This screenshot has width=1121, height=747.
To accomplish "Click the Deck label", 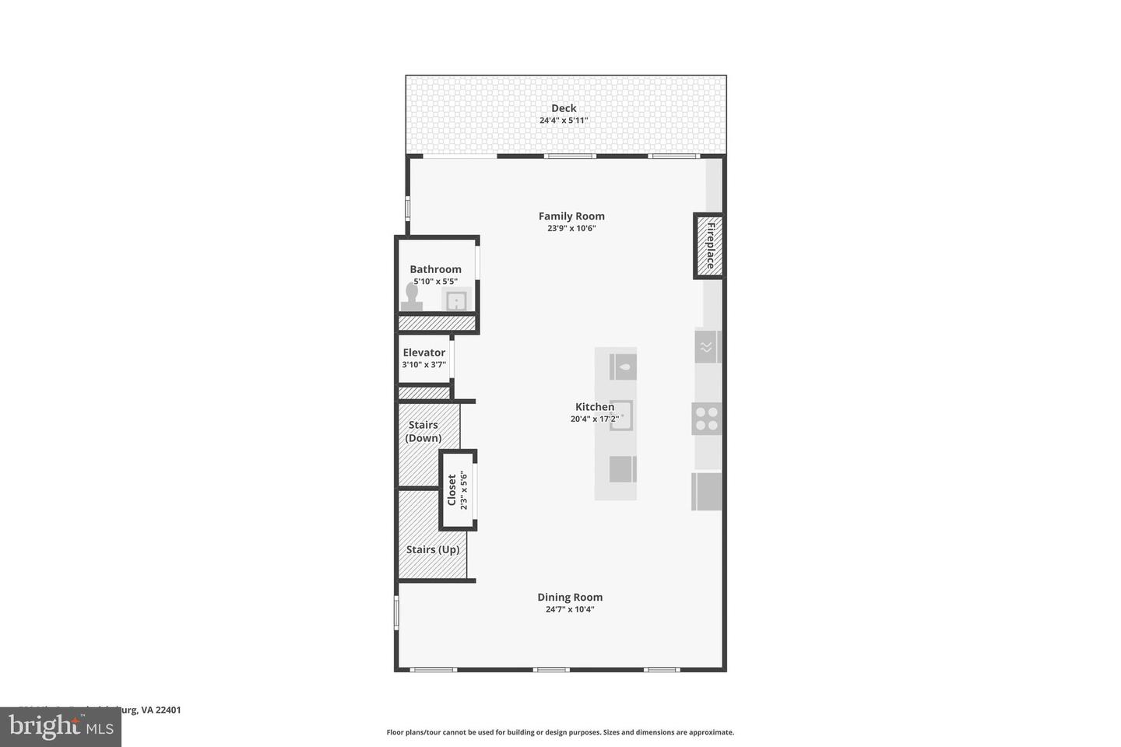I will click(564, 108).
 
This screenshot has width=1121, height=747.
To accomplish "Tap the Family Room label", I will click(571, 216).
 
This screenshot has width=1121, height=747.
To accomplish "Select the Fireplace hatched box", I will click(709, 245).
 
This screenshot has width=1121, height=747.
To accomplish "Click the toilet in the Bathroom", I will click(411, 297).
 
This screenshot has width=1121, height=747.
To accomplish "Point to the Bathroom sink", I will click(456, 300).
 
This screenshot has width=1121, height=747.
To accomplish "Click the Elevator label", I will click(424, 352).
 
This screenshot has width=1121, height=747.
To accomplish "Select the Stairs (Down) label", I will click(423, 431).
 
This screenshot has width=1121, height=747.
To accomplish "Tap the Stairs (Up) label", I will click(433, 549).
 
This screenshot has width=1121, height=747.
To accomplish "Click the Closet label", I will click(452, 490).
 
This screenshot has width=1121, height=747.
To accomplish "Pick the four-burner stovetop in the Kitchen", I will click(707, 419).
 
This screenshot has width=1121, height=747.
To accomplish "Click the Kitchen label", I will click(595, 406).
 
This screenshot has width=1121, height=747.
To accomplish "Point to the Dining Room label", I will click(570, 598).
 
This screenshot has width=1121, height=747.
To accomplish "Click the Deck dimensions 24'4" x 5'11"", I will click(564, 121).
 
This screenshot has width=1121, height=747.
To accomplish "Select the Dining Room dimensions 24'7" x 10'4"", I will click(570, 610).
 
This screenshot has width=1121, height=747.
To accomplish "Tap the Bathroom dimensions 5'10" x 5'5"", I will click(435, 282).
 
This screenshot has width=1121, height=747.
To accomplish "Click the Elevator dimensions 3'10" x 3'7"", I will click(424, 364).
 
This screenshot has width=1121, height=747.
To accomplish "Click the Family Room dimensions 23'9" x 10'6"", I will click(571, 229).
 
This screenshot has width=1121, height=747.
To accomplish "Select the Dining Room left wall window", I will click(396, 612).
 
